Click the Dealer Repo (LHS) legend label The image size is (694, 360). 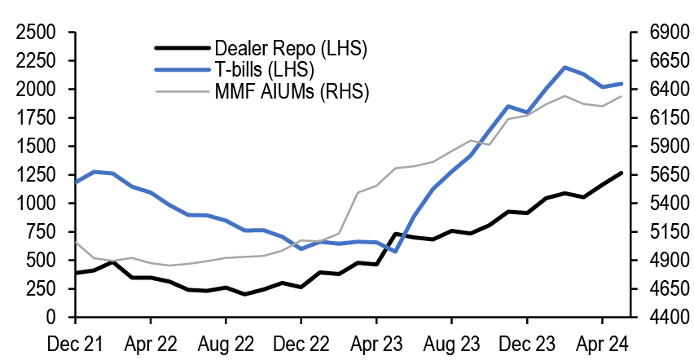[x=290, y=48]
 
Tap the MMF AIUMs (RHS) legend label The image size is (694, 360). [x=292, y=90]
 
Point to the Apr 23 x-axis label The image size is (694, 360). [x=376, y=343]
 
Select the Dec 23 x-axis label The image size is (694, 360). [x=527, y=343]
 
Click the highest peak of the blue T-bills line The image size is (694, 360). [x=564, y=68]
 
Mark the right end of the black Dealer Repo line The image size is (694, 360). [x=622, y=173]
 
